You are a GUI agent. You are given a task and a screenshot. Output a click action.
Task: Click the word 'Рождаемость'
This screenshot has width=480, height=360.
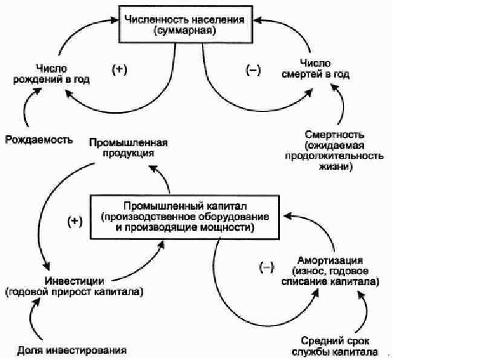pyautogui.click(x=39, y=140)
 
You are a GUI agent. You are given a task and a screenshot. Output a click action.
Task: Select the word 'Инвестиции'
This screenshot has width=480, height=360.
pyautogui.click(x=75, y=281)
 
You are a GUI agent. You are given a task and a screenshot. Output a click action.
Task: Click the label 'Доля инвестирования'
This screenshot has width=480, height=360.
pyautogui.click(x=72, y=350)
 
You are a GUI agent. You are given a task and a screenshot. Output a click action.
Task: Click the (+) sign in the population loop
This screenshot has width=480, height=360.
pyautogui.click(x=120, y=69)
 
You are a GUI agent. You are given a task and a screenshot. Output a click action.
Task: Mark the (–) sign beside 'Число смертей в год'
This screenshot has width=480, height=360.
pyautogui.click(x=253, y=70)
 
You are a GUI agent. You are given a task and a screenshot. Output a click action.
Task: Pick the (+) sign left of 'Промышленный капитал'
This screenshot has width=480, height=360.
pyautogui.click(x=74, y=221)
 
